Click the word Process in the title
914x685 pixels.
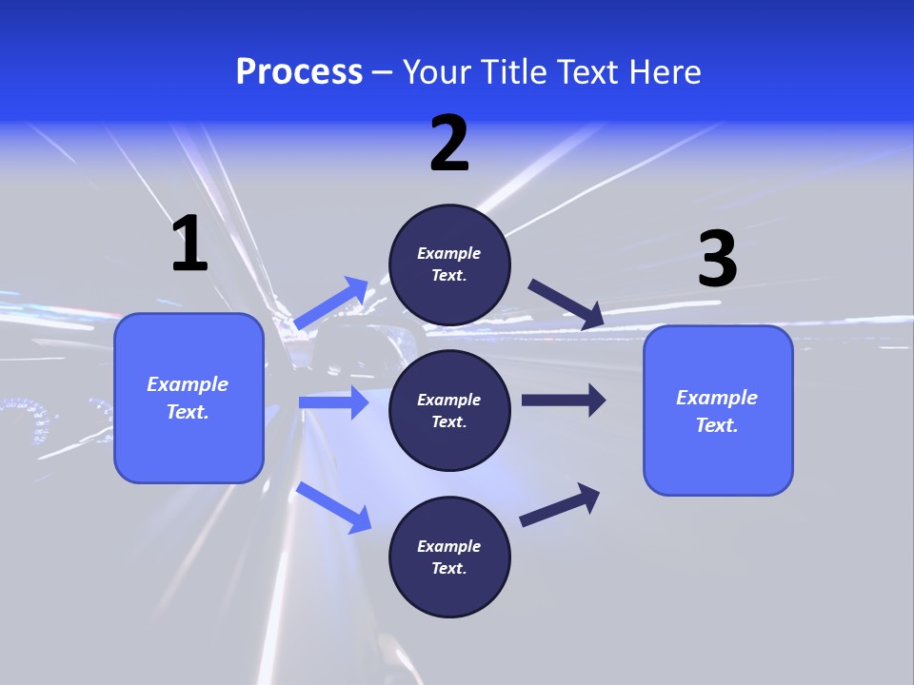coord(299,72)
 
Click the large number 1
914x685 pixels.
coord(189,244)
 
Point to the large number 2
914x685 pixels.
coord(449,144)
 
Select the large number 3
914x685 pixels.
coord(717,258)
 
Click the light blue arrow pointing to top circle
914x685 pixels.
coord(332,303)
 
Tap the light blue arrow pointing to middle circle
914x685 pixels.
coord(333,402)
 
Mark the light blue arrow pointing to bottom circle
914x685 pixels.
coord(334,507)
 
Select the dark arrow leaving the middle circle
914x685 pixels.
coord(563,400)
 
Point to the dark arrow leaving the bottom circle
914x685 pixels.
coord(560,504)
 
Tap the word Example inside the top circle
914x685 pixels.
coord(449,253)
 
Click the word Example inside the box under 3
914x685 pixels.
coord(717,398)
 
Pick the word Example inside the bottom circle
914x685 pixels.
coord(449,546)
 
